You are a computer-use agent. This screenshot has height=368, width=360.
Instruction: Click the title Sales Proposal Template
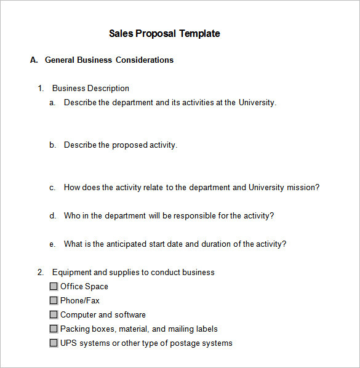point(164,34)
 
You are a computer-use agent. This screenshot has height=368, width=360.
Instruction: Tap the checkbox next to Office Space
point(54,286)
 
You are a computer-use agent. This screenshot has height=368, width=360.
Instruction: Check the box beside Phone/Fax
point(54,300)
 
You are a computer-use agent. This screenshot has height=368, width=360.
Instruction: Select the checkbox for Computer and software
point(54,314)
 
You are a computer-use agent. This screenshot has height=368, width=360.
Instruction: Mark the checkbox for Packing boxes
point(54,329)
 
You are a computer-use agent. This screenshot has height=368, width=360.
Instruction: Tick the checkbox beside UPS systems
point(54,343)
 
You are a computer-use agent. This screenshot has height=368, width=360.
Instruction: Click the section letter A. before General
point(34,60)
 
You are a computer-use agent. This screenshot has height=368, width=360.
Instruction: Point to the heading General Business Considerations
point(109,60)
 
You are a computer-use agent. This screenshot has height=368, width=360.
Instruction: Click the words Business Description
point(90,89)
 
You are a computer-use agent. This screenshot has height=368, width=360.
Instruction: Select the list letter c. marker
point(53,188)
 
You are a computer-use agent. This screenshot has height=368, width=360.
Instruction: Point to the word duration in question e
point(218,244)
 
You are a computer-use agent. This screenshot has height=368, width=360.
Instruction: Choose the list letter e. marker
point(53,244)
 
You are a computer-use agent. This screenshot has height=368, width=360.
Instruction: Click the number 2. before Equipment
point(41,272)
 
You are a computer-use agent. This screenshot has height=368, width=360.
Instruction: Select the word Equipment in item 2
point(71,272)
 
